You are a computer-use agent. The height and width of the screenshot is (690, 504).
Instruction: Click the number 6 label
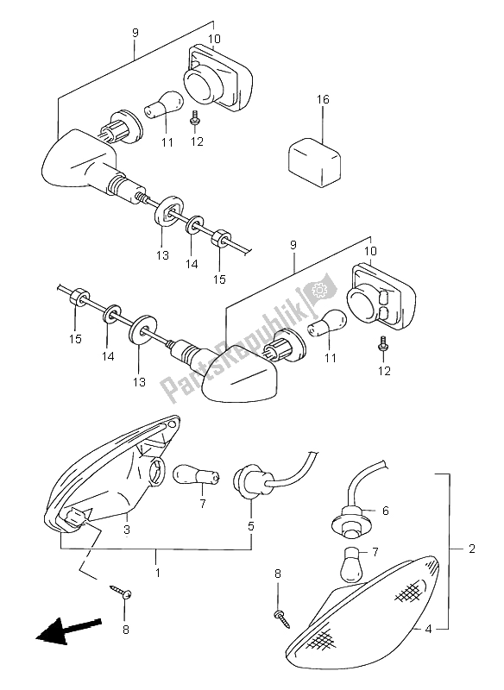click(385, 511)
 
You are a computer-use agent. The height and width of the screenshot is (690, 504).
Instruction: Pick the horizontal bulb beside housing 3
click(190, 474)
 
